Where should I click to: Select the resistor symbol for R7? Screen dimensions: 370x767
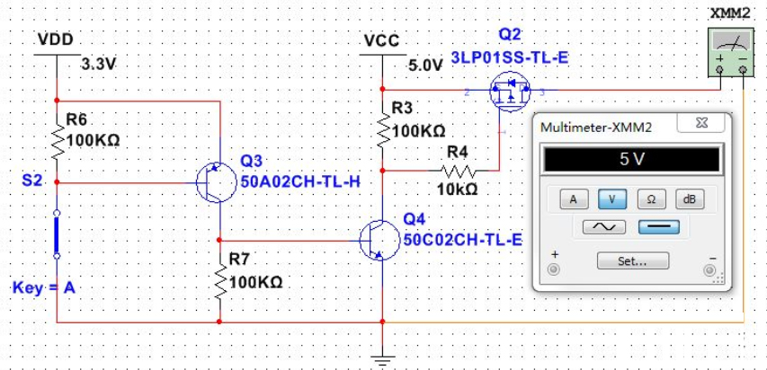click(x=219, y=282)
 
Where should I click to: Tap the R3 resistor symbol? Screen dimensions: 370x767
click(x=384, y=130)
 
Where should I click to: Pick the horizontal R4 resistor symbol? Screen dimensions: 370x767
click(x=458, y=169)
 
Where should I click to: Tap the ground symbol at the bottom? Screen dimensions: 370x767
click(x=384, y=360)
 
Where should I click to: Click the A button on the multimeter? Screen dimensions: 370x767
click(x=571, y=198)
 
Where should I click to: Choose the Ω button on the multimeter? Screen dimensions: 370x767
click(x=651, y=198)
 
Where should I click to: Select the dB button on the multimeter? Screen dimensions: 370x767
click(x=689, y=198)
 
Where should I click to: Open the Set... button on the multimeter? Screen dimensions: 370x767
click(x=632, y=261)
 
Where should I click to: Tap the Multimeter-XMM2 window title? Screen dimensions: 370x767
click(x=596, y=128)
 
